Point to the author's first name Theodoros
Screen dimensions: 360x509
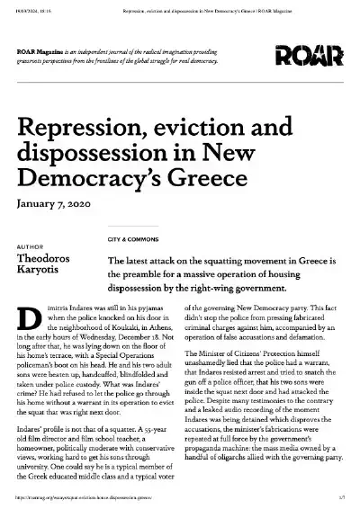(48, 257)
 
